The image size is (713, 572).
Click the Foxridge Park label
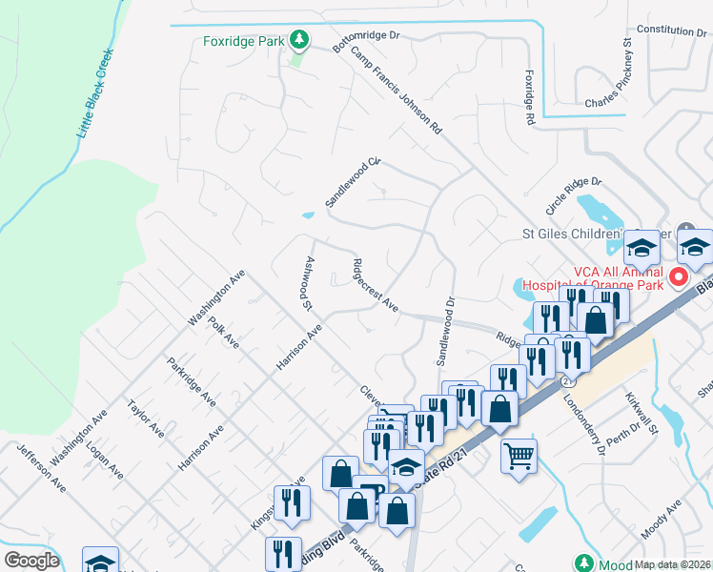point(244,41)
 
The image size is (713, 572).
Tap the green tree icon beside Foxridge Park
point(299,40)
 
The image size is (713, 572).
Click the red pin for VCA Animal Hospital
point(679,278)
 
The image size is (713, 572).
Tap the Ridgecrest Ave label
point(376,284)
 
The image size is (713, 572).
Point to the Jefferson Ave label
point(41,466)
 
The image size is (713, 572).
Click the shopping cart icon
point(519,457)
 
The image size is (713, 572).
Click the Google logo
point(31,561)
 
